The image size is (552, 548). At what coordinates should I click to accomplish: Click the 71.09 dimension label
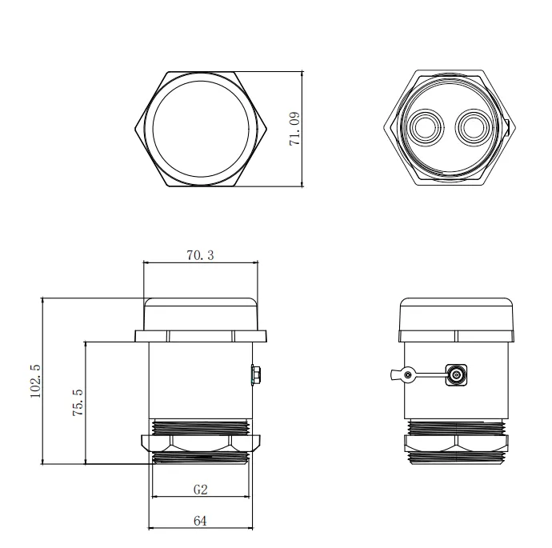point(294,129)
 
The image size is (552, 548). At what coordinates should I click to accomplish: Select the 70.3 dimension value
point(200,255)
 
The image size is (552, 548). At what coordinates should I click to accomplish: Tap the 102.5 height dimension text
point(35,381)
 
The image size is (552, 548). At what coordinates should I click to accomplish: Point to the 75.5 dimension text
point(78,402)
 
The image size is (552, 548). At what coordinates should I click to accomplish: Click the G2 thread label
point(200,490)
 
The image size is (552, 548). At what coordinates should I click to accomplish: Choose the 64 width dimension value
point(200,521)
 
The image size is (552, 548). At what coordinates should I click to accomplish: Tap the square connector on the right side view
point(457,375)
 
